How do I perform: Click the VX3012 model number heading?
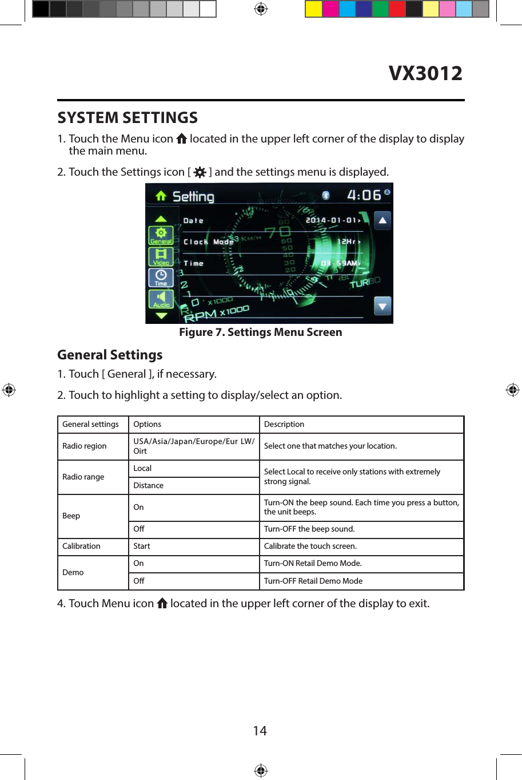pyautogui.click(x=425, y=73)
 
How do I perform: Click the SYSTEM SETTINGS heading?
pyautogui.click(x=127, y=118)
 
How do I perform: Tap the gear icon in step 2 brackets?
pyautogui.click(x=200, y=172)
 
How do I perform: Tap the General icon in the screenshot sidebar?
pyautogui.click(x=161, y=235)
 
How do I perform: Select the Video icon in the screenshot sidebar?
pyautogui.click(x=161, y=256)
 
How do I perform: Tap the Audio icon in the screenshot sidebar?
pyautogui.click(x=161, y=299)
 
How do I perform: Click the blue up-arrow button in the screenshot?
pyautogui.click(x=382, y=220)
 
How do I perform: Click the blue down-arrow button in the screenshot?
pyautogui.click(x=382, y=306)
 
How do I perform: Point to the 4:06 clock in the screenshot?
pyautogui.click(x=364, y=195)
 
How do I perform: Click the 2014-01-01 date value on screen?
pyautogui.click(x=332, y=220)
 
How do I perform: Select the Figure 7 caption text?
pyautogui.click(x=261, y=332)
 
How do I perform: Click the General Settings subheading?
pyautogui.click(x=110, y=355)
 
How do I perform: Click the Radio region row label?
pyautogui.click(x=85, y=446)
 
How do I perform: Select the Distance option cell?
pyautogui.click(x=149, y=486)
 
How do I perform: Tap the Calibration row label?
pyautogui.click(x=81, y=547)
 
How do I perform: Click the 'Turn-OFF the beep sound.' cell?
pyautogui.click(x=309, y=529)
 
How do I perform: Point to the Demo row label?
pyautogui.click(x=73, y=573)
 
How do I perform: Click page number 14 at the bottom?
pyautogui.click(x=260, y=731)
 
